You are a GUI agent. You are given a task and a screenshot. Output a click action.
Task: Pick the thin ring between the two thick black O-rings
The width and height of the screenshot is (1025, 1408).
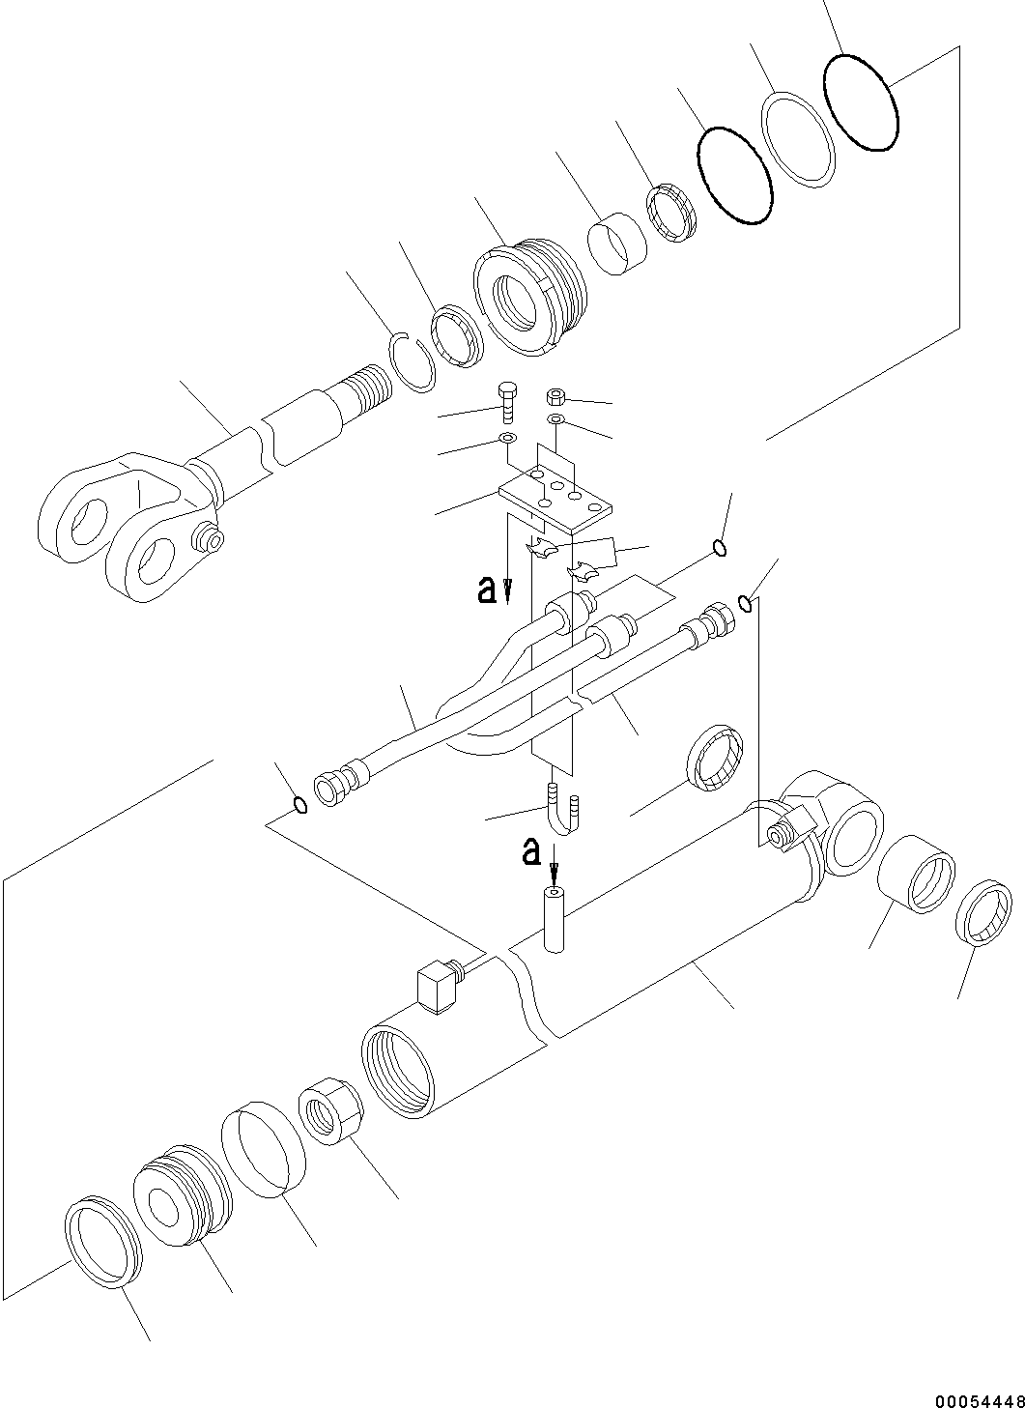point(799,136)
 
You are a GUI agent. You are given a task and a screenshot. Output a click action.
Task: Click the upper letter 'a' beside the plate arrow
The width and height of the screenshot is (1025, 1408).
point(488,589)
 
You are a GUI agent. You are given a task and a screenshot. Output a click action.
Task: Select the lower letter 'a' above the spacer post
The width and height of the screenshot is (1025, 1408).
point(530,851)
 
